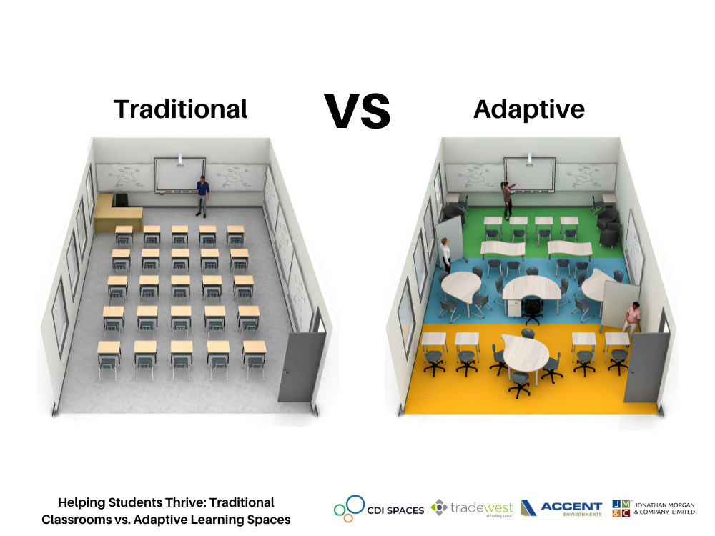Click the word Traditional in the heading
tap(181, 109)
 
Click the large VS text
tap(357, 111)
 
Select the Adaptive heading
tap(529, 109)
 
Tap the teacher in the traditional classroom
tap(202, 196)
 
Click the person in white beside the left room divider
tap(446, 254)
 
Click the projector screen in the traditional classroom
tap(180, 174)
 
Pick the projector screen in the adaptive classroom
tap(529, 174)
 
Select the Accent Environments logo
tap(561, 508)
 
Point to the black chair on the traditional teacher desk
tap(121, 199)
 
